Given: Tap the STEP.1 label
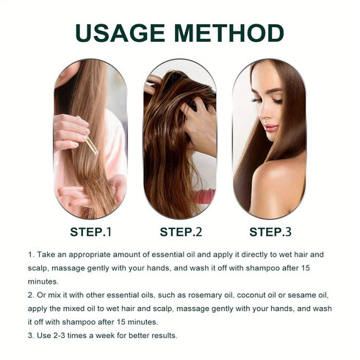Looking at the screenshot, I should click(x=90, y=232).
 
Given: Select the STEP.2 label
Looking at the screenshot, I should click(x=180, y=232).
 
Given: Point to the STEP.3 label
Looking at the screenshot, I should click(x=270, y=232).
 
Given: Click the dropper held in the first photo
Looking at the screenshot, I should click(x=90, y=145).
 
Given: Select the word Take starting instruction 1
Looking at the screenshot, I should click(x=48, y=254).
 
